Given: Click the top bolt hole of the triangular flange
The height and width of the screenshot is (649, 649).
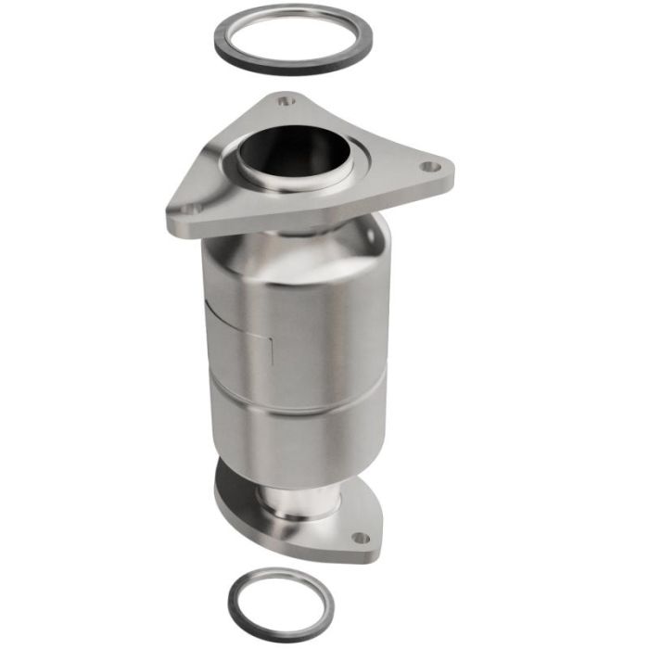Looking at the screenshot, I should [x=286, y=101].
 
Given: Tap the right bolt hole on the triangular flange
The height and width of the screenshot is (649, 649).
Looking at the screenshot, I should [x=427, y=168].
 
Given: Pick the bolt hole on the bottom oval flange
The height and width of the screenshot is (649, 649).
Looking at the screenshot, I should [x=360, y=537].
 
